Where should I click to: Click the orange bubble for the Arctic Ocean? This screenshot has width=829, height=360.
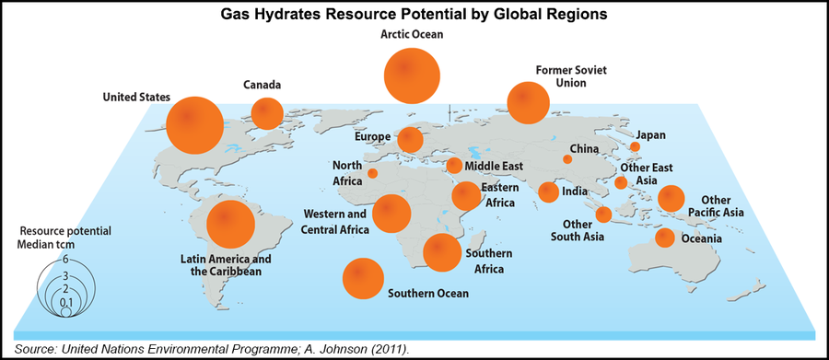click(412, 75)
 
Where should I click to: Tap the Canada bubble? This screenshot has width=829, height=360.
click(267, 112)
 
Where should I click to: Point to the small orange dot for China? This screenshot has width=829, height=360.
click(567, 159)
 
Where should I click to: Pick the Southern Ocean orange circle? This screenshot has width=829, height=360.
click(363, 278)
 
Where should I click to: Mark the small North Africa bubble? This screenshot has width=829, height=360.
click(372, 173)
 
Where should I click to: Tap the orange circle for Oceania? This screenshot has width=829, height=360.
click(664, 238)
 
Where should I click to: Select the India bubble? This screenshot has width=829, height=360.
click(548, 192)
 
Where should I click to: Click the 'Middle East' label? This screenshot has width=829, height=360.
click(495, 166)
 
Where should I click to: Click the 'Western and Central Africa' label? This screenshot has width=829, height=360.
click(334, 221)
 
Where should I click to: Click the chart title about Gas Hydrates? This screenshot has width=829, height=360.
click(414, 15)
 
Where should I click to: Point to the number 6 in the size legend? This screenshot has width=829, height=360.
click(65, 260)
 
